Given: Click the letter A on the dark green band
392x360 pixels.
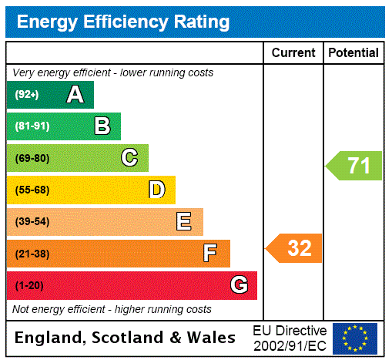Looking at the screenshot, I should pos(75,95).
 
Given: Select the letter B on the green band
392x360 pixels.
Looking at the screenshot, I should pos(102,126).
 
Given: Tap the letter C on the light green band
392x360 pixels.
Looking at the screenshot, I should pos(129,158).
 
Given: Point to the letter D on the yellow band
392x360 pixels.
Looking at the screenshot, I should pos(157,190).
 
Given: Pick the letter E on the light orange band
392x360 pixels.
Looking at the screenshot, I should pos(184,222).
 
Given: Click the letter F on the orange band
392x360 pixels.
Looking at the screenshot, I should pos(210,254).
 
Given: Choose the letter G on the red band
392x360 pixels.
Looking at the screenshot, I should pos(239,285).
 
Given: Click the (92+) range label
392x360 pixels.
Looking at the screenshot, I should pos(26,95).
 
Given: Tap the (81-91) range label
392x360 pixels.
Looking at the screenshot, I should pos(32,126).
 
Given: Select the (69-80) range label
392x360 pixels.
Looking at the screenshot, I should pos(32,158).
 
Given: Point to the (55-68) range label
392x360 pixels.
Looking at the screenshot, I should pos(32,190).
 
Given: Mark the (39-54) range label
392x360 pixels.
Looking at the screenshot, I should pos(32,222).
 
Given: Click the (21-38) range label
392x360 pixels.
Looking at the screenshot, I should pos(32,254).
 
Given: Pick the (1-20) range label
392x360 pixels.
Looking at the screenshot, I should pos(29,285).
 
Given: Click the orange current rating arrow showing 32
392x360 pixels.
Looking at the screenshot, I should pos(295,248).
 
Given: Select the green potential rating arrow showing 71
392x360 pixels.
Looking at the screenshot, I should pos(354,166).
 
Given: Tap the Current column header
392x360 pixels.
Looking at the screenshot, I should pos(293,53).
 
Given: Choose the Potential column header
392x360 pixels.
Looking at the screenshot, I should pos(353,53).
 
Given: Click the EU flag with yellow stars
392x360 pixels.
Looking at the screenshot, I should pos(355,338).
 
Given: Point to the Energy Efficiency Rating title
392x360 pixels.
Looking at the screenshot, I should pos(123,22).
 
